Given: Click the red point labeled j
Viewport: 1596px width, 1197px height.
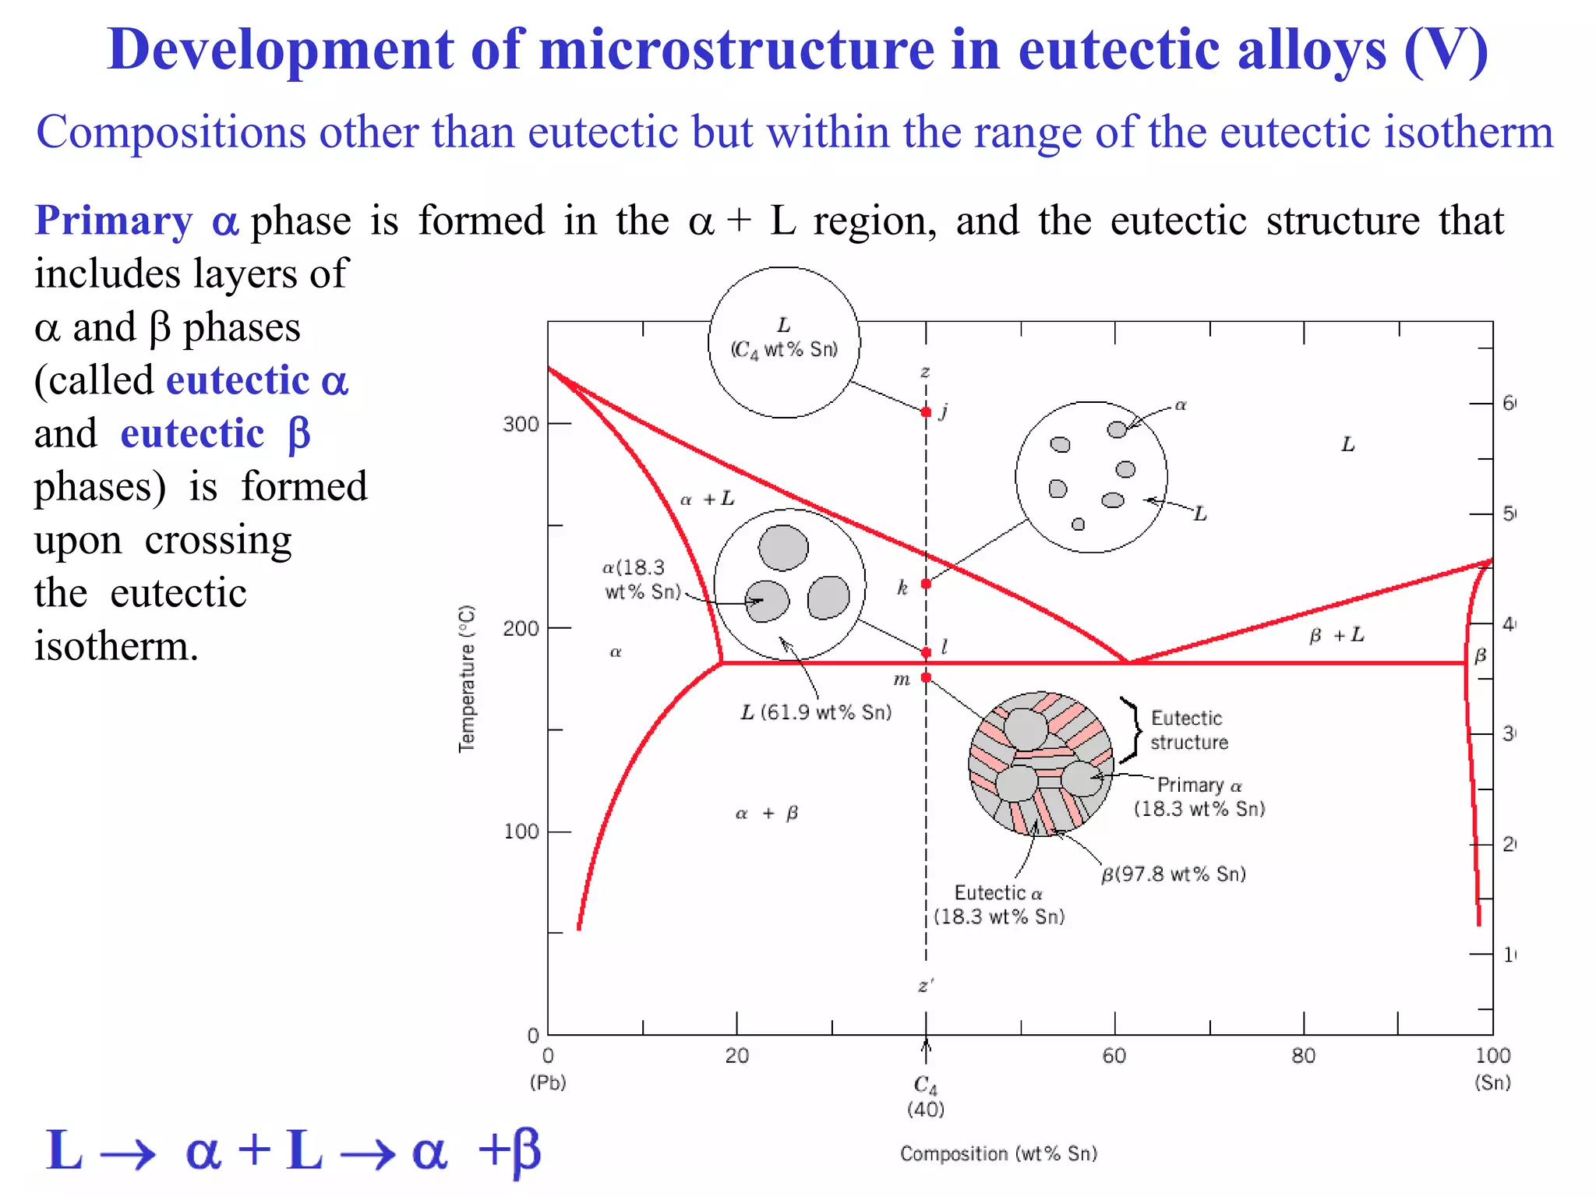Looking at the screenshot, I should [x=926, y=411].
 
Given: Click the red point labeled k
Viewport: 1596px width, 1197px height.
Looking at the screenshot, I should [x=926, y=584].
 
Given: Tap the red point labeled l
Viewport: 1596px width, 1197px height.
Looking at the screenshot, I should [x=926, y=652].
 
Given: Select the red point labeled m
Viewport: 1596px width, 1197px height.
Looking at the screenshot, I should [x=926, y=678].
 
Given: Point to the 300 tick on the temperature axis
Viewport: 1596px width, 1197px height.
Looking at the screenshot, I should [x=521, y=425].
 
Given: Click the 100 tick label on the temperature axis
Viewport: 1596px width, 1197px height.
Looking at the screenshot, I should [x=521, y=832].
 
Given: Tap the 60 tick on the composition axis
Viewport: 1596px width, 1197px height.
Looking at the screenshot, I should [x=1114, y=1056].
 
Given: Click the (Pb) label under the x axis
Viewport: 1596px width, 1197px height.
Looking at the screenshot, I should [x=548, y=1082].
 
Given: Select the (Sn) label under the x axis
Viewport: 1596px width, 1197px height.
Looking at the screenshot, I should [x=1492, y=1082].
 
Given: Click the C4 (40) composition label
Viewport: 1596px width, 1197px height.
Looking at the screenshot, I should [x=926, y=1096].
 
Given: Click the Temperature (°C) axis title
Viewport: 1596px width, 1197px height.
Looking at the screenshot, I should [x=466, y=678].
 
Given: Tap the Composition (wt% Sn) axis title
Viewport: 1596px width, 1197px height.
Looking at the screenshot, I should [x=998, y=1153].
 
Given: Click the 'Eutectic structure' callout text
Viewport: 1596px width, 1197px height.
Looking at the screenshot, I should [x=1188, y=730].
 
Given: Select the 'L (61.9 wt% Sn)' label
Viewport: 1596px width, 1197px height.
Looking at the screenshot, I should [x=815, y=712].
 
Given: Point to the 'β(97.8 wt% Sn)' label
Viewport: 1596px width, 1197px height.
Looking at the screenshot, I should [x=1174, y=874].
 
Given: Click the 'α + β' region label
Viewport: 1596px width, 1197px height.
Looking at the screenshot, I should [x=767, y=814].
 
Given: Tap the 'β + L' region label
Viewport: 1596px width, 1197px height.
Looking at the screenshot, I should [x=1336, y=636].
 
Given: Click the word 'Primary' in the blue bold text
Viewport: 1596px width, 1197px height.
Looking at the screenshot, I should [x=114, y=221].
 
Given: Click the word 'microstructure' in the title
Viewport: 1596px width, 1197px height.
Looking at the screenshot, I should [x=737, y=50].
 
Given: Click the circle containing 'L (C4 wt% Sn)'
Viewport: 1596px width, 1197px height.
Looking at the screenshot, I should [x=784, y=343].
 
